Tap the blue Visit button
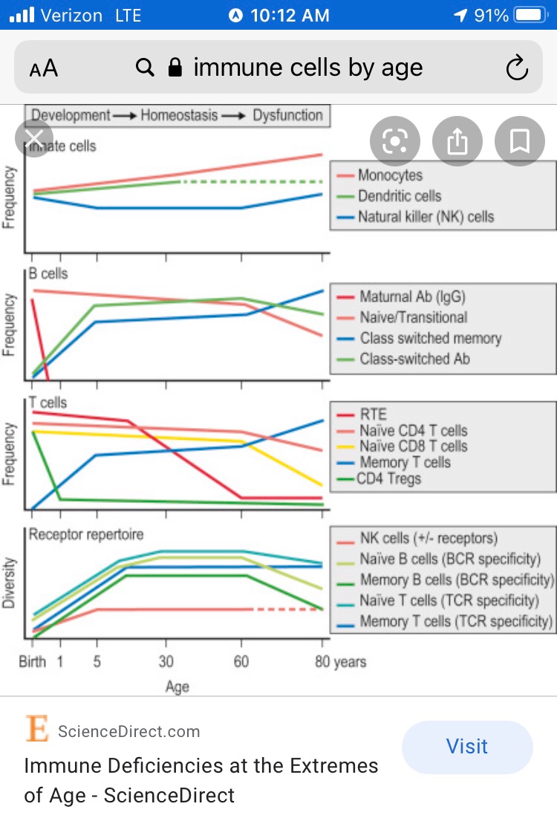(467, 747)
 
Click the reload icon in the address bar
(516, 68)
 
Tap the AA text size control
(44, 69)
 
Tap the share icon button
(457, 140)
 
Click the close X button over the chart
(34, 137)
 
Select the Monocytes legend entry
(390, 175)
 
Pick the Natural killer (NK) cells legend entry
(426, 217)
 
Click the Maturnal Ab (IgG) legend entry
(412, 296)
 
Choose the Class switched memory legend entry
(430, 338)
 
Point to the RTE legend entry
(373, 414)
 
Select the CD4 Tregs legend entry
(388, 478)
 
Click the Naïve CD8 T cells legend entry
(413, 447)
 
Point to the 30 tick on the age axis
(166, 661)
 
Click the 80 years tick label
(340, 661)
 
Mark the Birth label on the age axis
(33, 661)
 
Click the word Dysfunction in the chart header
(287, 115)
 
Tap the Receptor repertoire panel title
(86, 534)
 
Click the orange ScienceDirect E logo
(36, 729)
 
